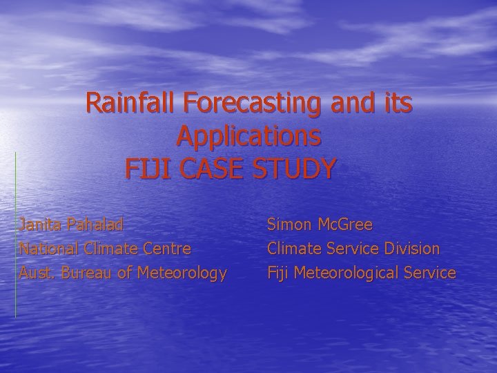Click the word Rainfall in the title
point(131,104)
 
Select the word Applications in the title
point(248,136)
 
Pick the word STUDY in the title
point(296,168)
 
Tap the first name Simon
point(290,224)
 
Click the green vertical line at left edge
point(15,235)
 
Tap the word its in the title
point(397,104)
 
